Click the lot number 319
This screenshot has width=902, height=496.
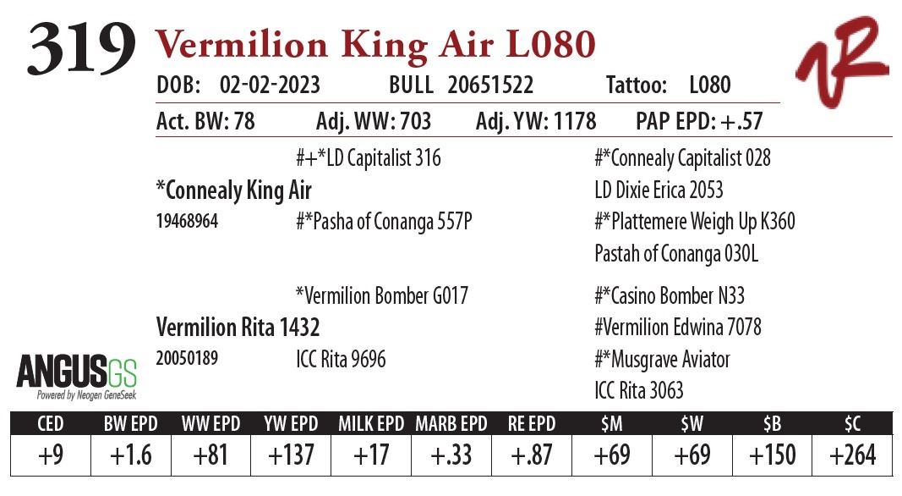[x=81, y=48]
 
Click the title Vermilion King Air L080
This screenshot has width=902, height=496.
[x=374, y=44]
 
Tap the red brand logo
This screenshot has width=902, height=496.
[x=840, y=61]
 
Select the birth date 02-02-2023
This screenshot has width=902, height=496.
[x=269, y=85]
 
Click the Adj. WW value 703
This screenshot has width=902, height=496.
[x=414, y=122]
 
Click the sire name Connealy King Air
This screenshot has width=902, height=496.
[x=234, y=190]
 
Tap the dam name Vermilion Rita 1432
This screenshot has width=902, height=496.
[x=238, y=328]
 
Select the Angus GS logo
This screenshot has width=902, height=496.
[x=77, y=377]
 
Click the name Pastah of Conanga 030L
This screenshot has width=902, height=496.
[x=676, y=253]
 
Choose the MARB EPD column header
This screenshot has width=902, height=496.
[x=451, y=423]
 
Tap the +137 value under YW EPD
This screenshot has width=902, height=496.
[x=291, y=455]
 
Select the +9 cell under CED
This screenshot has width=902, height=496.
[x=50, y=455]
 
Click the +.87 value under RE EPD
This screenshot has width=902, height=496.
[x=531, y=455]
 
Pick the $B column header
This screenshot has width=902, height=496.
[x=772, y=423]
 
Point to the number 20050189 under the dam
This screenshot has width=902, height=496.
[x=187, y=359]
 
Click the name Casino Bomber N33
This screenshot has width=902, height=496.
[x=670, y=296]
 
